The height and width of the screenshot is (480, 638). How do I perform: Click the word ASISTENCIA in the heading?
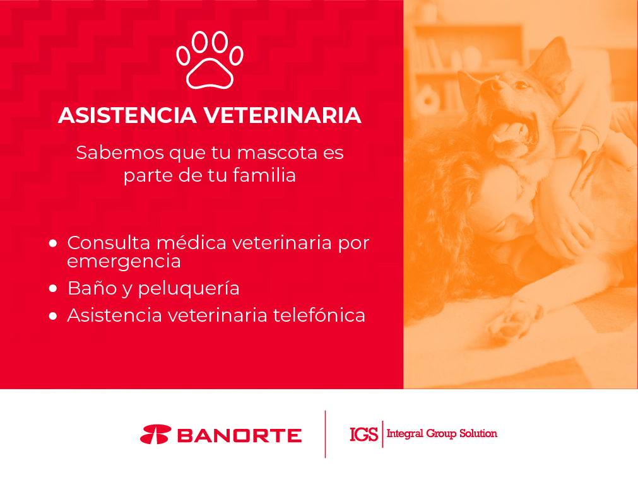(x=127, y=115)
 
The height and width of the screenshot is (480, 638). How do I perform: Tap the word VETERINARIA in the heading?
(x=282, y=115)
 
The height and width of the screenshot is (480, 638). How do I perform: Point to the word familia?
(x=264, y=175)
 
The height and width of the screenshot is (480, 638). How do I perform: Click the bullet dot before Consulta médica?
(x=53, y=243)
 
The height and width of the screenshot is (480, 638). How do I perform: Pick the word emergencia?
(x=124, y=262)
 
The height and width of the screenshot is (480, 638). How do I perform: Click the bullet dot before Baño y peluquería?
(x=53, y=288)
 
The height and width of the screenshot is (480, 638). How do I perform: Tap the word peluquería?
(x=189, y=289)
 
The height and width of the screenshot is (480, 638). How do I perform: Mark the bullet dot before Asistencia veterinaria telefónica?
(x=53, y=315)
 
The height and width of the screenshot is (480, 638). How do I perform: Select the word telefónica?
(x=319, y=315)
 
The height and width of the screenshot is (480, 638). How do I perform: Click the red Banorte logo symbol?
(x=155, y=435)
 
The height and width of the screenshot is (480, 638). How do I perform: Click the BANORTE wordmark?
(x=239, y=436)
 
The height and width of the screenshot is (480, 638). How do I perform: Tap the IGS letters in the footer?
(x=363, y=435)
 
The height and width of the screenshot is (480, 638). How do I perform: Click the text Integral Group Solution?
(x=442, y=433)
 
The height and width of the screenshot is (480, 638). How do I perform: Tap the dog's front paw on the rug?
(x=515, y=319)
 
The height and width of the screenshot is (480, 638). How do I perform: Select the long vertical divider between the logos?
(x=325, y=435)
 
